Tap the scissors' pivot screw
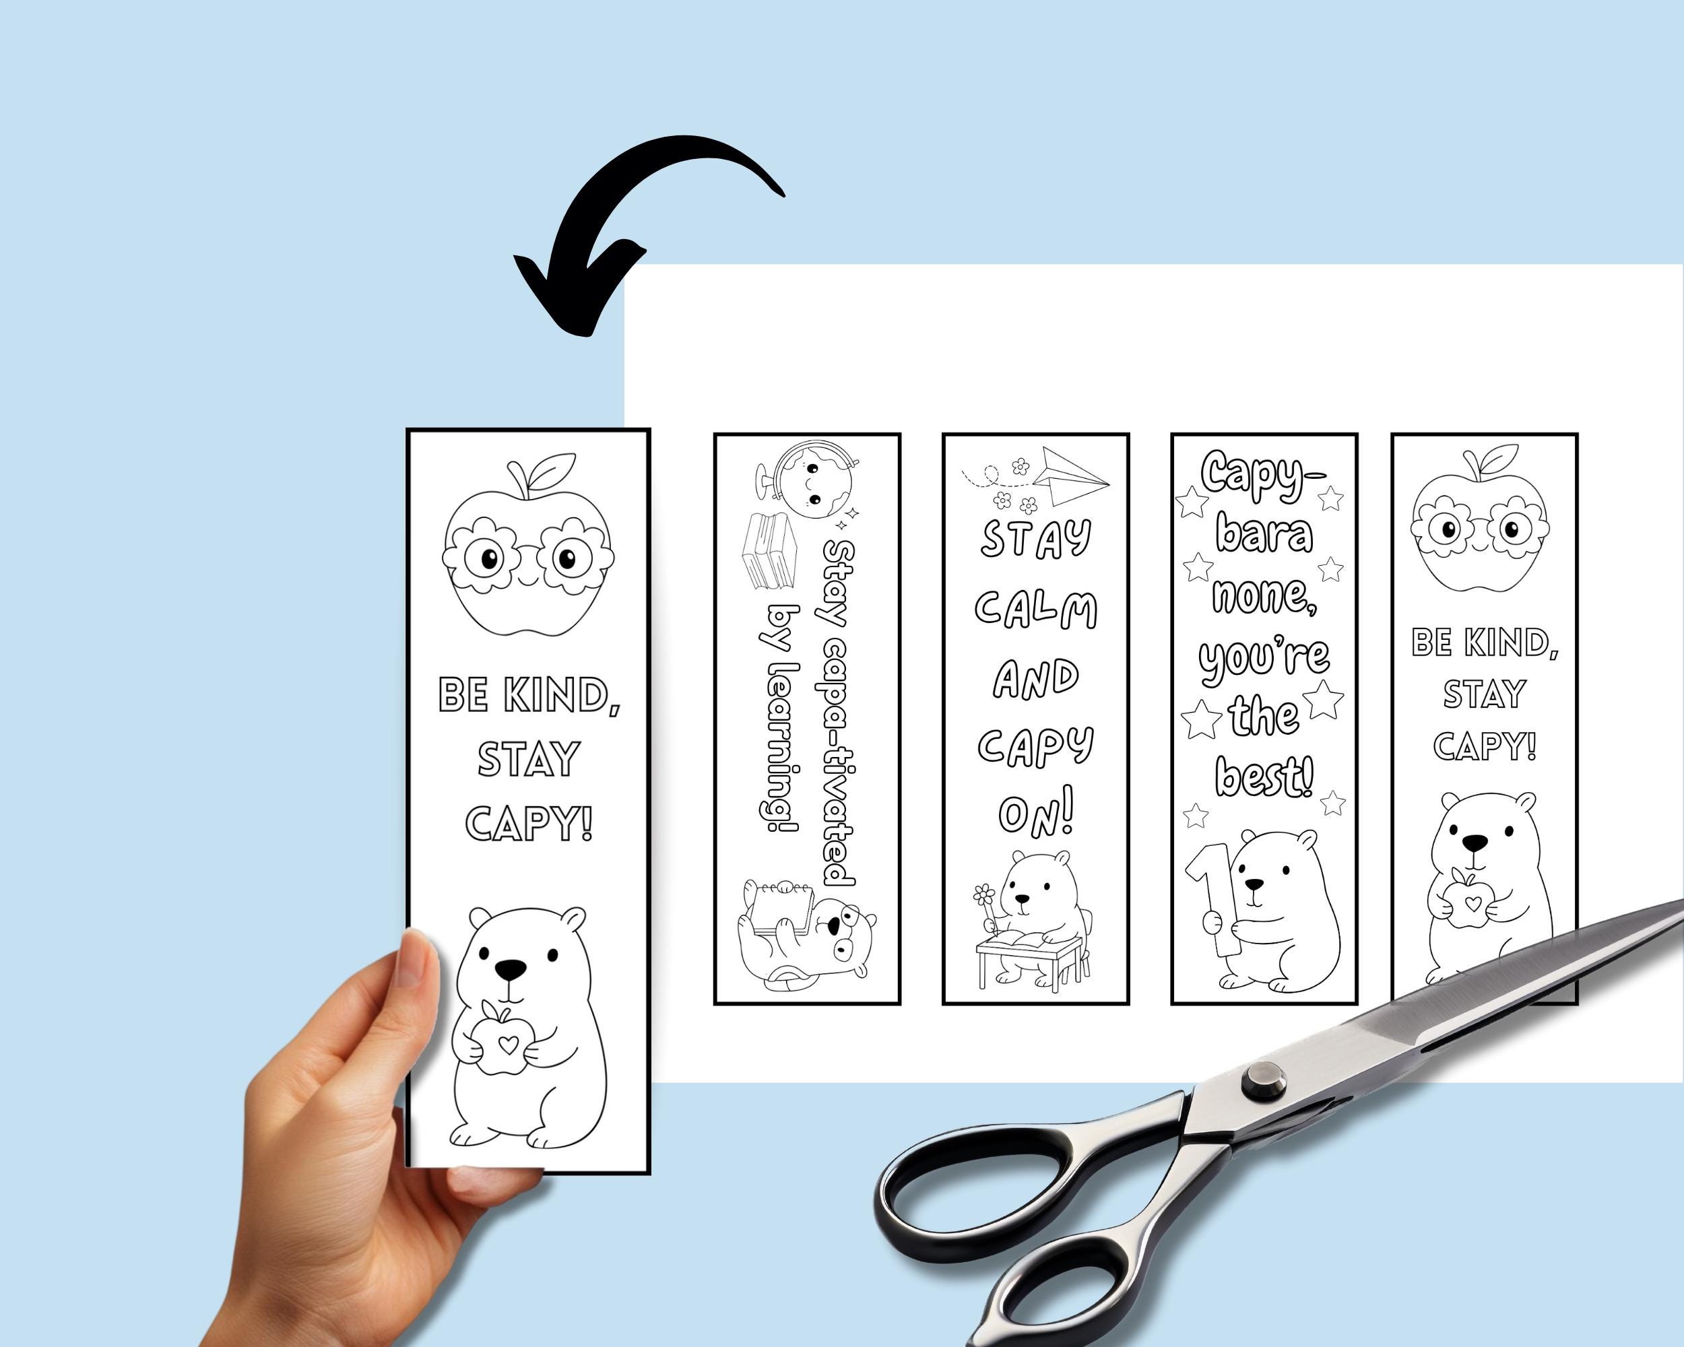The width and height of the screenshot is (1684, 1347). [x=1263, y=1081]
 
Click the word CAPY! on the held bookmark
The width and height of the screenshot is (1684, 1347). [x=528, y=824]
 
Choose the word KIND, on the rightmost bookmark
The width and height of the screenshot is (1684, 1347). [x=1511, y=643]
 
